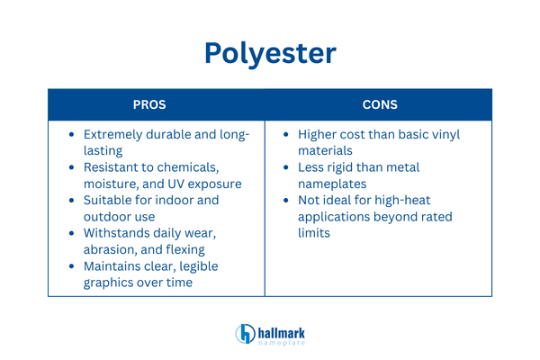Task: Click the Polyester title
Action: (x=270, y=51)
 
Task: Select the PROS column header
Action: (x=157, y=104)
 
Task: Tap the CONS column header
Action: (x=378, y=104)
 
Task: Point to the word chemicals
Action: (x=184, y=167)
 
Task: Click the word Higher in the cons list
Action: (x=319, y=135)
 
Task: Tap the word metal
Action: (x=400, y=167)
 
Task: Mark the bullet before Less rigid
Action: (x=285, y=167)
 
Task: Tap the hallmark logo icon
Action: (x=246, y=334)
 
